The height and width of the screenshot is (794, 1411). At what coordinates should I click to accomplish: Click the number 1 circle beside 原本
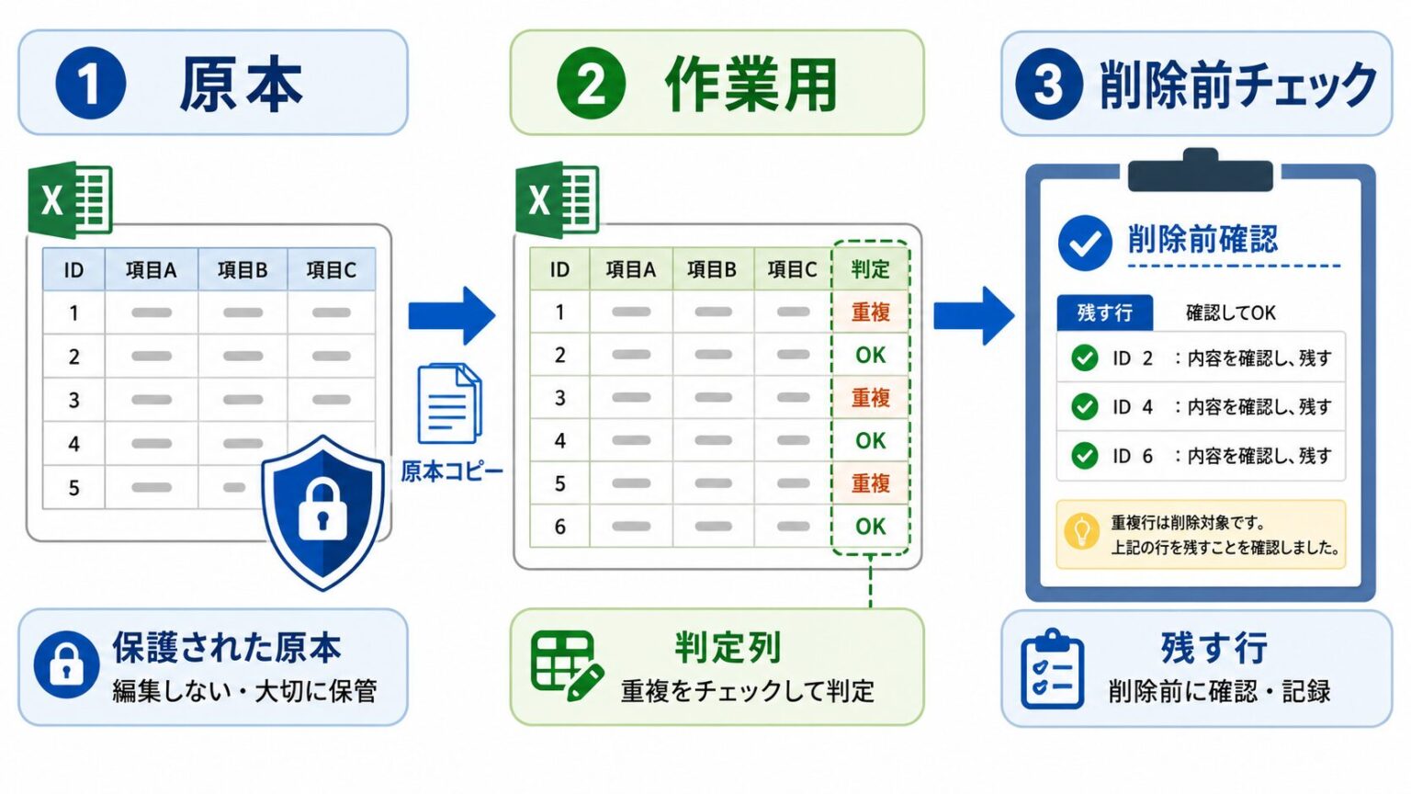tap(91, 84)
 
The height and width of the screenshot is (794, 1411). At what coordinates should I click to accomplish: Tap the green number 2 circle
tap(591, 84)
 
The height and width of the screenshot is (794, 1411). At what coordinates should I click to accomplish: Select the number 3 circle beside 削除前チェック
tap(1049, 84)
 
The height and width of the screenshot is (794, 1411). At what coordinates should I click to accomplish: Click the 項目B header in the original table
tap(243, 269)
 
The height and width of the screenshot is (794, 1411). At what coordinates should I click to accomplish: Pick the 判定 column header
tap(871, 269)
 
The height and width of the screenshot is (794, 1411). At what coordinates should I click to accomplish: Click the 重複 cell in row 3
tap(871, 398)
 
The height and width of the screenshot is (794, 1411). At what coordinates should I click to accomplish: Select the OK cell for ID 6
tap(871, 527)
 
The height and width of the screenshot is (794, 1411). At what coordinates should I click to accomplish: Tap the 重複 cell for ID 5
tap(871, 483)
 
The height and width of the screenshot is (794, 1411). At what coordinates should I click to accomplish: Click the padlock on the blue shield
tap(322, 509)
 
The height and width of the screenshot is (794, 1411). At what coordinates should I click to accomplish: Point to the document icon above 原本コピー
tap(450, 403)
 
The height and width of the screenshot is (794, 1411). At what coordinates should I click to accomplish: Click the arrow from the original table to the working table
tap(452, 316)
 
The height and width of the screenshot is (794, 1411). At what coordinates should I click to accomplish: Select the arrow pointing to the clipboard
tap(974, 316)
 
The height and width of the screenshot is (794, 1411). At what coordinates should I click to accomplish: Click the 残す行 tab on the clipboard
tap(1105, 312)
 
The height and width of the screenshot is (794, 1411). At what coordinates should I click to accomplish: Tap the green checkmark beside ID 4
tap(1085, 406)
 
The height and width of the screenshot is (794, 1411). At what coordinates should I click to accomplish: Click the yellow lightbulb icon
tap(1082, 531)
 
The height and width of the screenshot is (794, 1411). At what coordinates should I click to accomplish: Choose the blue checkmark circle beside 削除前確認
tap(1085, 243)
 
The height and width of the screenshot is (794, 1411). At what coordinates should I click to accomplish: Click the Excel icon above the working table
tap(557, 199)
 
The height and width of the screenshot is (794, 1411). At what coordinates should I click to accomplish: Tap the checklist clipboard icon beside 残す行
tap(1052, 669)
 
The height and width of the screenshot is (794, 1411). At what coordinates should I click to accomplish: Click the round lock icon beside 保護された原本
tap(67, 664)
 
